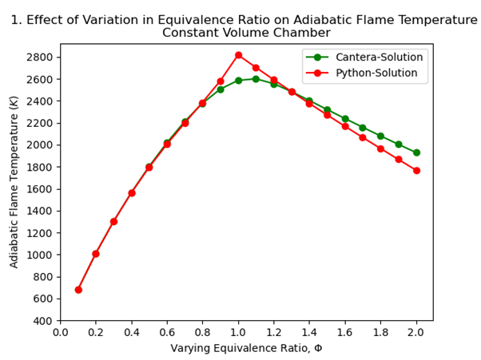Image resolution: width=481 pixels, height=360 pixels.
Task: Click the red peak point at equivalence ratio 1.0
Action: click(x=238, y=55)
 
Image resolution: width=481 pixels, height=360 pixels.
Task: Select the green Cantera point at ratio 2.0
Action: click(x=416, y=152)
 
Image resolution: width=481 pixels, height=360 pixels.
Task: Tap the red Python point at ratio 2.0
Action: click(x=416, y=171)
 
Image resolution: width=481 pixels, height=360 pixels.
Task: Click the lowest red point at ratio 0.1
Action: click(x=78, y=290)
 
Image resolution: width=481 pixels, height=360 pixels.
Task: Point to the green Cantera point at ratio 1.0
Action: click(x=238, y=81)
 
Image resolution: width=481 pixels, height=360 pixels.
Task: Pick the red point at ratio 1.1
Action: click(x=256, y=68)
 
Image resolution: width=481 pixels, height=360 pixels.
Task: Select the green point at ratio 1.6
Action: click(x=345, y=119)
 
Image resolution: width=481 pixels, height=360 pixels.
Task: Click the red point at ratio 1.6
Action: click(x=345, y=126)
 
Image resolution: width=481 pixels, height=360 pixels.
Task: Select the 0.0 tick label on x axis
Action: click(x=61, y=333)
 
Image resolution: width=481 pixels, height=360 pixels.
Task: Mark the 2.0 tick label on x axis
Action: click(x=416, y=333)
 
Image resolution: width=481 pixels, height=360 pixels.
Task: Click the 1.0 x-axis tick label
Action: click(x=238, y=333)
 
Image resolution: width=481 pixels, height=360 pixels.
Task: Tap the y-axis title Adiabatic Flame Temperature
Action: click(x=14, y=182)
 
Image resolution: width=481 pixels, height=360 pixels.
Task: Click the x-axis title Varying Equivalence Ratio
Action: click(x=246, y=349)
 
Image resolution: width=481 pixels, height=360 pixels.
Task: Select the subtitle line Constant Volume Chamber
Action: click(x=246, y=33)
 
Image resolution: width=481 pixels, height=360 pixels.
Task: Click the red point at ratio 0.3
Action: click(x=113, y=221)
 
